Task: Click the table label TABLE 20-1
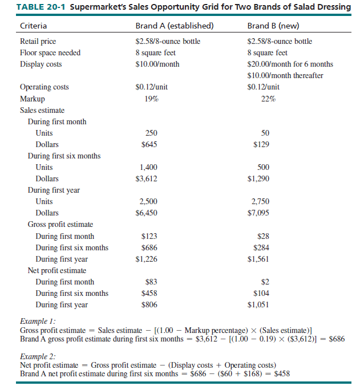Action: [x=41, y=7]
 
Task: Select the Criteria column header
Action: [x=34, y=26]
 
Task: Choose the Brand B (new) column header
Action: [x=273, y=26]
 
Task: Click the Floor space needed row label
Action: [x=50, y=52]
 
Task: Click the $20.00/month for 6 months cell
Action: [x=290, y=64]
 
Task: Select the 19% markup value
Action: [x=149, y=99]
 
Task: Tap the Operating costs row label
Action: [x=45, y=87]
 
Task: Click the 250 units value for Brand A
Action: [x=149, y=133]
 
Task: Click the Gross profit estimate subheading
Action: [x=60, y=225]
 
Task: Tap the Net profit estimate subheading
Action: [x=57, y=270]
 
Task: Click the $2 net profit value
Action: [x=265, y=282]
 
